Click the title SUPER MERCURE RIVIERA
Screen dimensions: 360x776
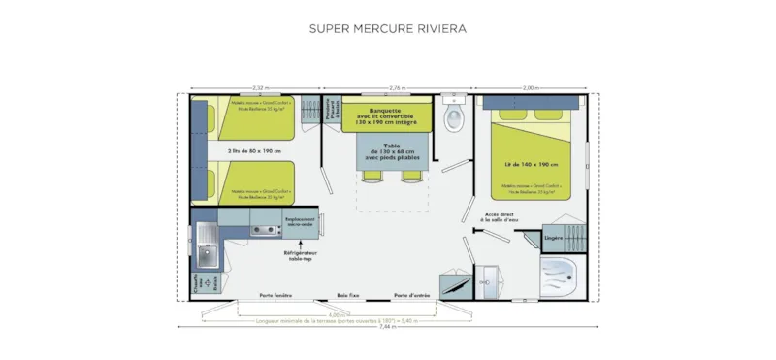click(x=388, y=28)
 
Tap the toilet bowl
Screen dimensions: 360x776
click(x=453, y=118)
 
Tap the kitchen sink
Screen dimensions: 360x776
click(x=207, y=254)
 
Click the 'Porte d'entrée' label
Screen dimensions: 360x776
click(x=411, y=295)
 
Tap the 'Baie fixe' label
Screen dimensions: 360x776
click(x=348, y=295)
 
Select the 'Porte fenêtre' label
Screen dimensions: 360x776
click(x=276, y=295)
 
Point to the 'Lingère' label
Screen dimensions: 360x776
click(x=553, y=237)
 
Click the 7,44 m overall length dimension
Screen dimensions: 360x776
click(x=388, y=329)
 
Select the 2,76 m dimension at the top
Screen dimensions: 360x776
click(x=396, y=88)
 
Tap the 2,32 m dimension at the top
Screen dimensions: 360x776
click(x=257, y=88)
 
